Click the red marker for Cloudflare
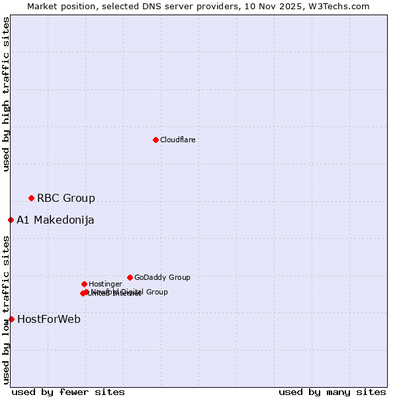click(155, 140)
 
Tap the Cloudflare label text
click(177, 140)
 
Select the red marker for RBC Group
click(31, 198)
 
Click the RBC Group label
click(66, 198)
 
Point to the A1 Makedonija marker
click(11, 220)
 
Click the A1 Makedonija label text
click(55, 220)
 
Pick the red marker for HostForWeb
click(11, 319)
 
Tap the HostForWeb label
click(49, 320)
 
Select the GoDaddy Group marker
click(130, 277)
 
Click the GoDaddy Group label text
click(162, 278)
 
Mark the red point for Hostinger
click(84, 284)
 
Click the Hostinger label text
click(105, 285)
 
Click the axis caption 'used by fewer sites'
click(68, 392)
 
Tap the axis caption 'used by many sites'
click(332, 392)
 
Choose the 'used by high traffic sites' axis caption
click(7, 94)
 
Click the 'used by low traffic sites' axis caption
click(7, 310)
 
